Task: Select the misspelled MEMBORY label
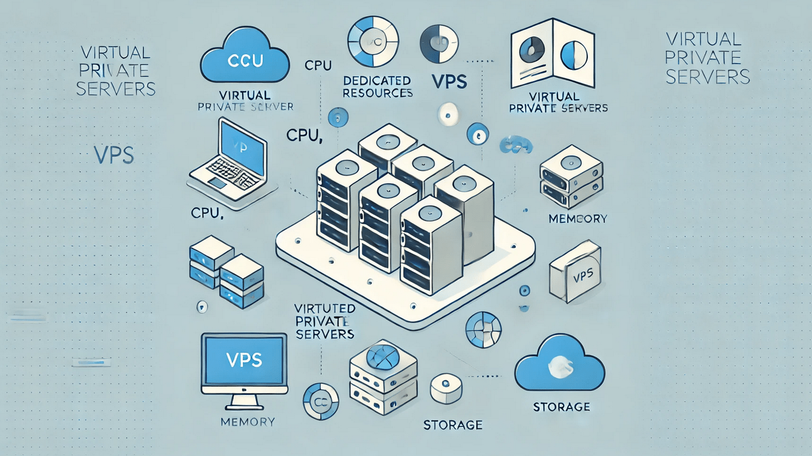coord(578,219)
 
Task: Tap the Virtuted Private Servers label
coord(325,321)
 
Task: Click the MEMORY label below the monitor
coord(248,422)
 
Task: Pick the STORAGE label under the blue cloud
coord(561,407)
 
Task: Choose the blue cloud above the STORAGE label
coord(560,363)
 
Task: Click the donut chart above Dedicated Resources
coord(373,40)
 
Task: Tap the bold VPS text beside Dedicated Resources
coord(448,82)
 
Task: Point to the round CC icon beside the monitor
coord(320,401)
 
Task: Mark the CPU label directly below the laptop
coord(207,213)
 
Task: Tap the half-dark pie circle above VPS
coord(439,42)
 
